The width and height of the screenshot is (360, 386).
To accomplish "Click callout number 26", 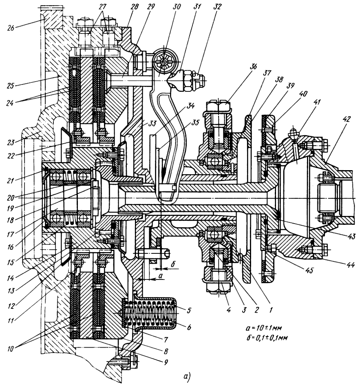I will (8, 30).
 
